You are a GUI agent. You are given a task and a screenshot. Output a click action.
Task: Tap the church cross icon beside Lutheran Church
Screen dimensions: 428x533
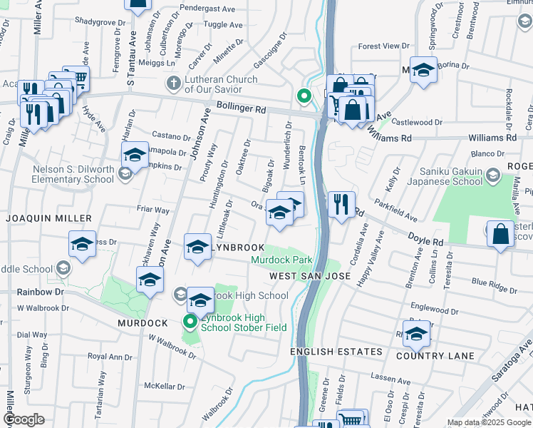coord(172,84)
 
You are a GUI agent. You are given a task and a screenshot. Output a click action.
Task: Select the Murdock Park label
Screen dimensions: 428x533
coord(281,260)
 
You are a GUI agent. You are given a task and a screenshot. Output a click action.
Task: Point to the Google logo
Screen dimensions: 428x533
coord(24,419)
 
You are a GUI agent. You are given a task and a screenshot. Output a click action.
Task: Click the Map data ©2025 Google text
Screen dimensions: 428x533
coord(489,422)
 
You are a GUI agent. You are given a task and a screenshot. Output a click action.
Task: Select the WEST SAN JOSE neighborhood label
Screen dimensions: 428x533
coord(309,276)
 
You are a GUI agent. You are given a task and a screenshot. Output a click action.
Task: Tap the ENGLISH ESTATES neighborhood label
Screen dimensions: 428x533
coord(336,352)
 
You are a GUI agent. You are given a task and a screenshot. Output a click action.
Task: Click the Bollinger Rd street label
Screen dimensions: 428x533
coord(242,111)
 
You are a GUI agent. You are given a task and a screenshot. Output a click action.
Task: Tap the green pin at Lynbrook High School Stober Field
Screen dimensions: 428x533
coord(190,322)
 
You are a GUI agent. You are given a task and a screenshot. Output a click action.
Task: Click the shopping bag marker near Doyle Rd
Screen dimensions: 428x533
coord(501,235)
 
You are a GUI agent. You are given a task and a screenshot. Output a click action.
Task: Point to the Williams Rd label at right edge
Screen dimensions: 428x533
coord(492,137)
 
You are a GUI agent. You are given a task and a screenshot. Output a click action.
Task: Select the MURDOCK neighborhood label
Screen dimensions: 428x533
coord(143,323)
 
